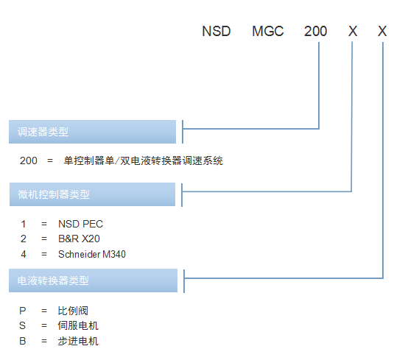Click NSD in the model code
point(216,31)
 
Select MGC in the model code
point(268,31)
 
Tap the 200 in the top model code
point(315,31)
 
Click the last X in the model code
point(382,31)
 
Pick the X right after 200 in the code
point(353,31)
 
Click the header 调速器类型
point(43,132)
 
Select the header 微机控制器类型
point(54,194)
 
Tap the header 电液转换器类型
point(53,280)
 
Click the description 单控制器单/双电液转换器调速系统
point(144,160)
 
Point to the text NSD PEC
point(80,224)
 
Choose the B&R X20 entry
point(79,239)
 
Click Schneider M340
point(92,255)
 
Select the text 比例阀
point(73,311)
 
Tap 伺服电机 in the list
point(78,325)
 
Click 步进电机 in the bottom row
point(78,341)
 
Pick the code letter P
point(23,311)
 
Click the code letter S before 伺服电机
point(23,325)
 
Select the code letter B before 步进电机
point(23,341)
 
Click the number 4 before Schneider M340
point(24,255)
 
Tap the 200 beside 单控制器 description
point(29,160)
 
